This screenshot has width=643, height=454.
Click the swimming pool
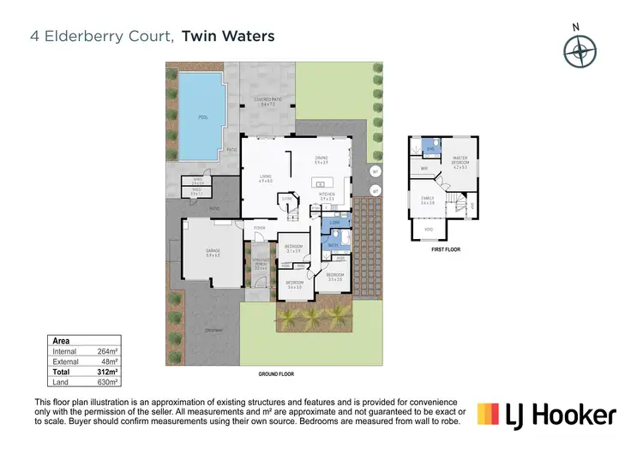(202, 116)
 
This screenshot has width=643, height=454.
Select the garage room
(213, 254)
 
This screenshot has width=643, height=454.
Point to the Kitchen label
(328, 197)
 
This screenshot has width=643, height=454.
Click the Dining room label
(321, 159)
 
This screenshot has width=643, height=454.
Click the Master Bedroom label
(460, 161)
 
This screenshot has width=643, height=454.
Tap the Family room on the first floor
(427, 200)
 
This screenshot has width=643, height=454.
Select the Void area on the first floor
(428, 230)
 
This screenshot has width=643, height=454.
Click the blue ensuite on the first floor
(432, 146)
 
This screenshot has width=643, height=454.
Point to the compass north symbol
(580, 51)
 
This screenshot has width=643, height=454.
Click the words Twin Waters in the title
(228, 37)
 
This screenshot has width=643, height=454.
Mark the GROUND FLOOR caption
(276, 374)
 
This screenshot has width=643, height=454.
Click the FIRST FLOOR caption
(445, 249)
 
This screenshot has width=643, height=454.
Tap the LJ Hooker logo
(546, 415)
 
